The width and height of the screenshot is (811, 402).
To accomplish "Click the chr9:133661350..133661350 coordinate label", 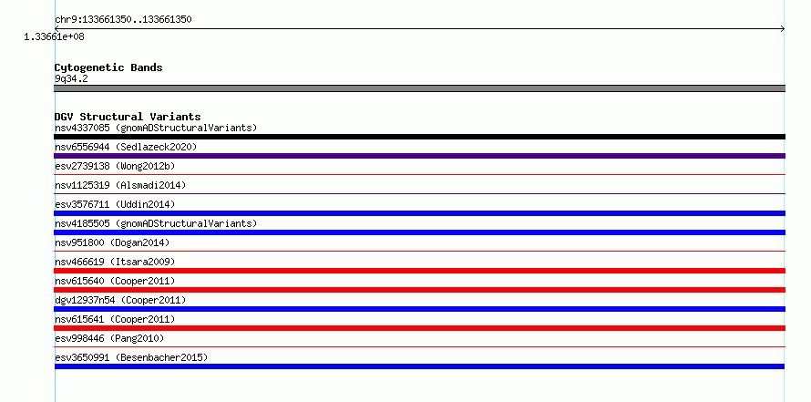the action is coord(123,20).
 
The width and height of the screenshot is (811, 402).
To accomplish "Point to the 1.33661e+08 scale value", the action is coord(54,37).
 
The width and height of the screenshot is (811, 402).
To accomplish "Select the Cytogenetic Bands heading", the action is coord(108,67).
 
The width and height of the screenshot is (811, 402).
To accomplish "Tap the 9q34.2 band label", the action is coord(71,78).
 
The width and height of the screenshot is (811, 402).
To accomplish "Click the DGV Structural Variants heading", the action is coord(128,117).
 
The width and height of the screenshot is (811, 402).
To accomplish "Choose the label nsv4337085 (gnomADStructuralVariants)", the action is coord(156,128).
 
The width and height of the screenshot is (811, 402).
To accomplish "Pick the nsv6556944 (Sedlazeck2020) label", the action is coord(126,147).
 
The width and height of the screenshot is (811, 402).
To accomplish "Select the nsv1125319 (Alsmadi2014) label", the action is coord(120,185).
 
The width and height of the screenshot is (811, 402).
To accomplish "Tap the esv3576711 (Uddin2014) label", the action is coord(115,204).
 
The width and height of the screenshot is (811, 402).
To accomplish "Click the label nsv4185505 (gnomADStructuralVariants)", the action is coord(156,223).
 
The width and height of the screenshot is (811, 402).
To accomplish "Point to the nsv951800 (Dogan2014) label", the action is coord(112,242).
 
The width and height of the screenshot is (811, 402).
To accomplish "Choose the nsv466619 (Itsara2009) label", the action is coord(115,262).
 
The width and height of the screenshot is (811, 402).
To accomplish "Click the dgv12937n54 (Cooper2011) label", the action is coord(120,300).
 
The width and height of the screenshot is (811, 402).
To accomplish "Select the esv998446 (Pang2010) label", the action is coord(109,338).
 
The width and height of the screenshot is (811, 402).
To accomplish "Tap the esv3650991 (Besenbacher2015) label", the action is coord(131,357).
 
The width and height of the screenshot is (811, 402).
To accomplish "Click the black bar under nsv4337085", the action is coord(419,137).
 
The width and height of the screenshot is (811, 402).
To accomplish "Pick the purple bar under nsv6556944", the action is coord(419,156).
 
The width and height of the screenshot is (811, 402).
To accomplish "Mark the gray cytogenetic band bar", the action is coord(419,88).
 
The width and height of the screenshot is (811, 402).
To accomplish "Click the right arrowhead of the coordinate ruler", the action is coord(784,29).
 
